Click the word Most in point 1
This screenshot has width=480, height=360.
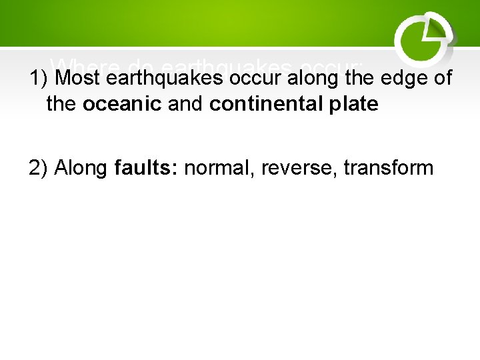pyautogui.click(x=77, y=79)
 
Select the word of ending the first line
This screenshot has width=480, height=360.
pyautogui.click(x=443, y=79)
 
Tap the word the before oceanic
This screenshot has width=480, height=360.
pyautogui.click(x=62, y=105)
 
